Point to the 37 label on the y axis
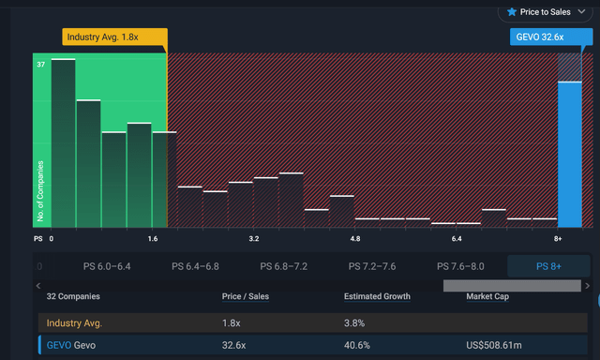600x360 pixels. tap(41, 65)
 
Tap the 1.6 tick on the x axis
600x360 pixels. tap(152, 239)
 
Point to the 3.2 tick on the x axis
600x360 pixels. tap(254, 239)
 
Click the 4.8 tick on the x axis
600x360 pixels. tap(355, 239)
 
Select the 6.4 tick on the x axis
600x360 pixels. tap(457, 239)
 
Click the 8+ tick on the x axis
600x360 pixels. tap(558, 239)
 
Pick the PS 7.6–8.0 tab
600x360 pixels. tap(460, 266)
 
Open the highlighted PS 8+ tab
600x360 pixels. tap(549, 266)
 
